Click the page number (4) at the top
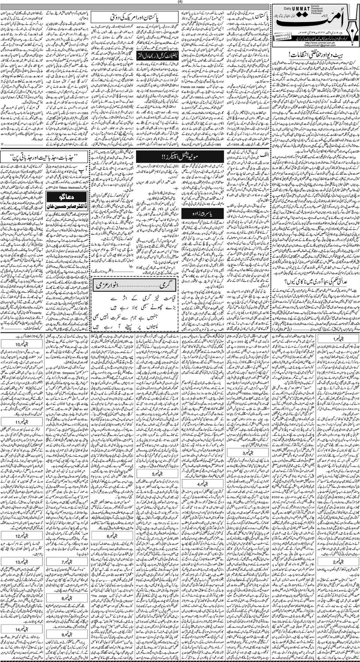180,2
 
